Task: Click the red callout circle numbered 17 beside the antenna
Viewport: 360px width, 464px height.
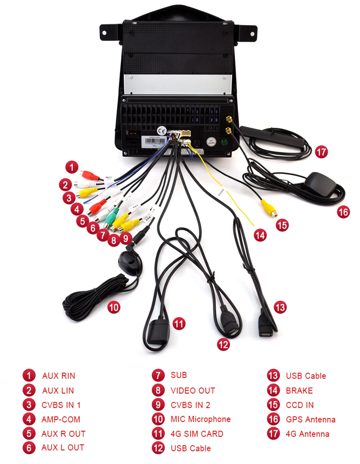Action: [321, 152]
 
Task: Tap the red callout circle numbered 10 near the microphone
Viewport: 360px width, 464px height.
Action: [114, 307]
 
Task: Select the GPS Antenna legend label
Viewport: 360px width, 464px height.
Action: [310, 420]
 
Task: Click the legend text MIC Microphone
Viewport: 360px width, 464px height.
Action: [200, 419]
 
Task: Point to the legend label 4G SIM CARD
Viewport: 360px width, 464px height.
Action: [197, 434]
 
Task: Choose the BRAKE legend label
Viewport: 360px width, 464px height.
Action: [299, 390]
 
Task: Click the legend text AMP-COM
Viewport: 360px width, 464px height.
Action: [61, 419]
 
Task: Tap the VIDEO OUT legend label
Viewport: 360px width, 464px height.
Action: [193, 390]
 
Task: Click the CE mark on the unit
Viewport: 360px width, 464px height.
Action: [162, 131]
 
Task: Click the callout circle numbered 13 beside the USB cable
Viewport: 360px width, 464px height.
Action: [280, 307]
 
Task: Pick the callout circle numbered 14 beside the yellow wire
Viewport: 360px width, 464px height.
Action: [260, 235]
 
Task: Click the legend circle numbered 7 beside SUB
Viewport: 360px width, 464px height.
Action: [158, 376]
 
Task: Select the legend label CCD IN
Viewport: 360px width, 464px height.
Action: [300, 405]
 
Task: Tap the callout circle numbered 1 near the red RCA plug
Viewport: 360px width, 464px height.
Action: [72, 167]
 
